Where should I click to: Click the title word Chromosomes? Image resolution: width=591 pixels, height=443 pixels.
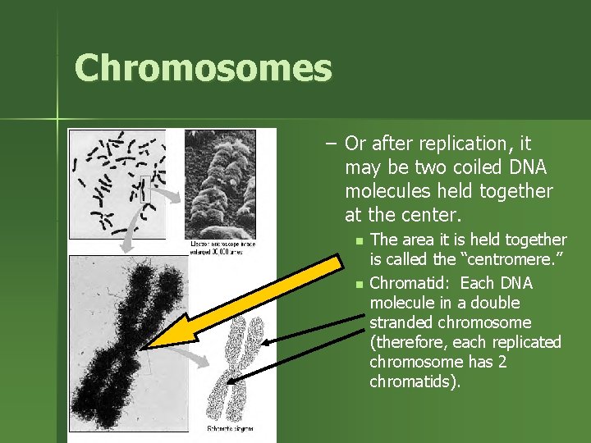[203, 68]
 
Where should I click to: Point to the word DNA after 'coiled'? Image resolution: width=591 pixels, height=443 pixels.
[526, 168]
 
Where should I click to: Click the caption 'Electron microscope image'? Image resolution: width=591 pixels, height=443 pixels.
[222, 244]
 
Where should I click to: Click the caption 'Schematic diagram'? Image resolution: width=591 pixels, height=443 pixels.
[230, 428]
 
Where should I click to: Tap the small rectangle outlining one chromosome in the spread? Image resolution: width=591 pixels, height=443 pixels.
[146, 190]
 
